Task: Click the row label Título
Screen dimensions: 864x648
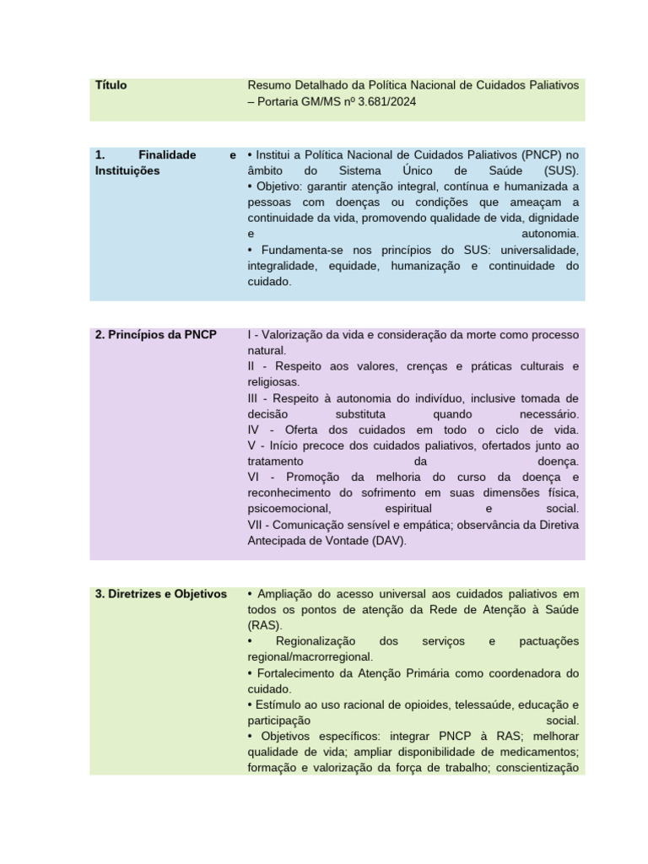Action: pyautogui.click(x=111, y=85)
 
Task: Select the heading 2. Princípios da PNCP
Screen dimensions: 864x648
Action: pyautogui.click(x=156, y=335)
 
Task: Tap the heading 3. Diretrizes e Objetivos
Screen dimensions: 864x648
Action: pyautogui.click(x=161, y=594)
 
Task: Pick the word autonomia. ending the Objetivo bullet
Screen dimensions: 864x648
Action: pyautogui.click(x=550, y=234)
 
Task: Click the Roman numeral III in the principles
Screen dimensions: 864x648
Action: pyautogui.click(x=254, y=398)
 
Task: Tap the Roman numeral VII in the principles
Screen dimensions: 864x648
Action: pyautogui.click(x=256, y=525)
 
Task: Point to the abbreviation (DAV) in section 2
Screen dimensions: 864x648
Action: pyautogui.click(x=386, y=541)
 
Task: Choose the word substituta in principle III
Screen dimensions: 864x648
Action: pyautogui.click(x=360, y=414)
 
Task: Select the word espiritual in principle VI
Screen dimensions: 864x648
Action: pyautogui.click(x=408, y=509)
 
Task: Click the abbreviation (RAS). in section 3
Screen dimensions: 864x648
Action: pyautogui.click(x=265, y=626)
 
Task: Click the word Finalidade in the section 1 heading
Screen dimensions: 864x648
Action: pyautogui.click(x=167, y=155)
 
